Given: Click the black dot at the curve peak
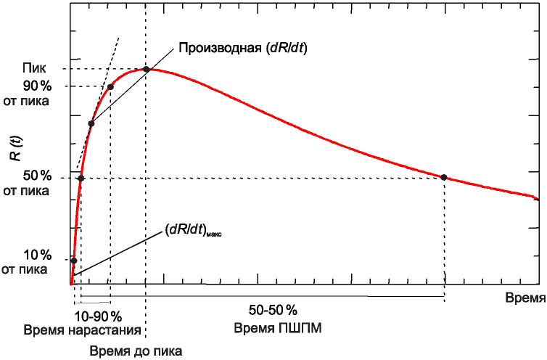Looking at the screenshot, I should pos(146,69).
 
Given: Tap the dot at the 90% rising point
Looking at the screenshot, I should pos(110,87).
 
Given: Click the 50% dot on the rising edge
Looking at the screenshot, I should pos(81,178).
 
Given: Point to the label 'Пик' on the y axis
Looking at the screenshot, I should pos(35,69).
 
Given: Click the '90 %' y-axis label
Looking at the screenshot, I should pos(37,86).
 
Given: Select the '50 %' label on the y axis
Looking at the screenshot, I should pos(37,176).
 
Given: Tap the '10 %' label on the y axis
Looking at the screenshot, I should pos(37,255).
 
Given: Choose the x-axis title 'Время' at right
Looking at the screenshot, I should pos(525,298).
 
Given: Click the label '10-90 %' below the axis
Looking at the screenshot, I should pos(98,316).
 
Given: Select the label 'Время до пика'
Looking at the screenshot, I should pos(136,351).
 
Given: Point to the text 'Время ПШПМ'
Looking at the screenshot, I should pos(278,329).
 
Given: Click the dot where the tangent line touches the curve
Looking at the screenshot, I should pos(91,123).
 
